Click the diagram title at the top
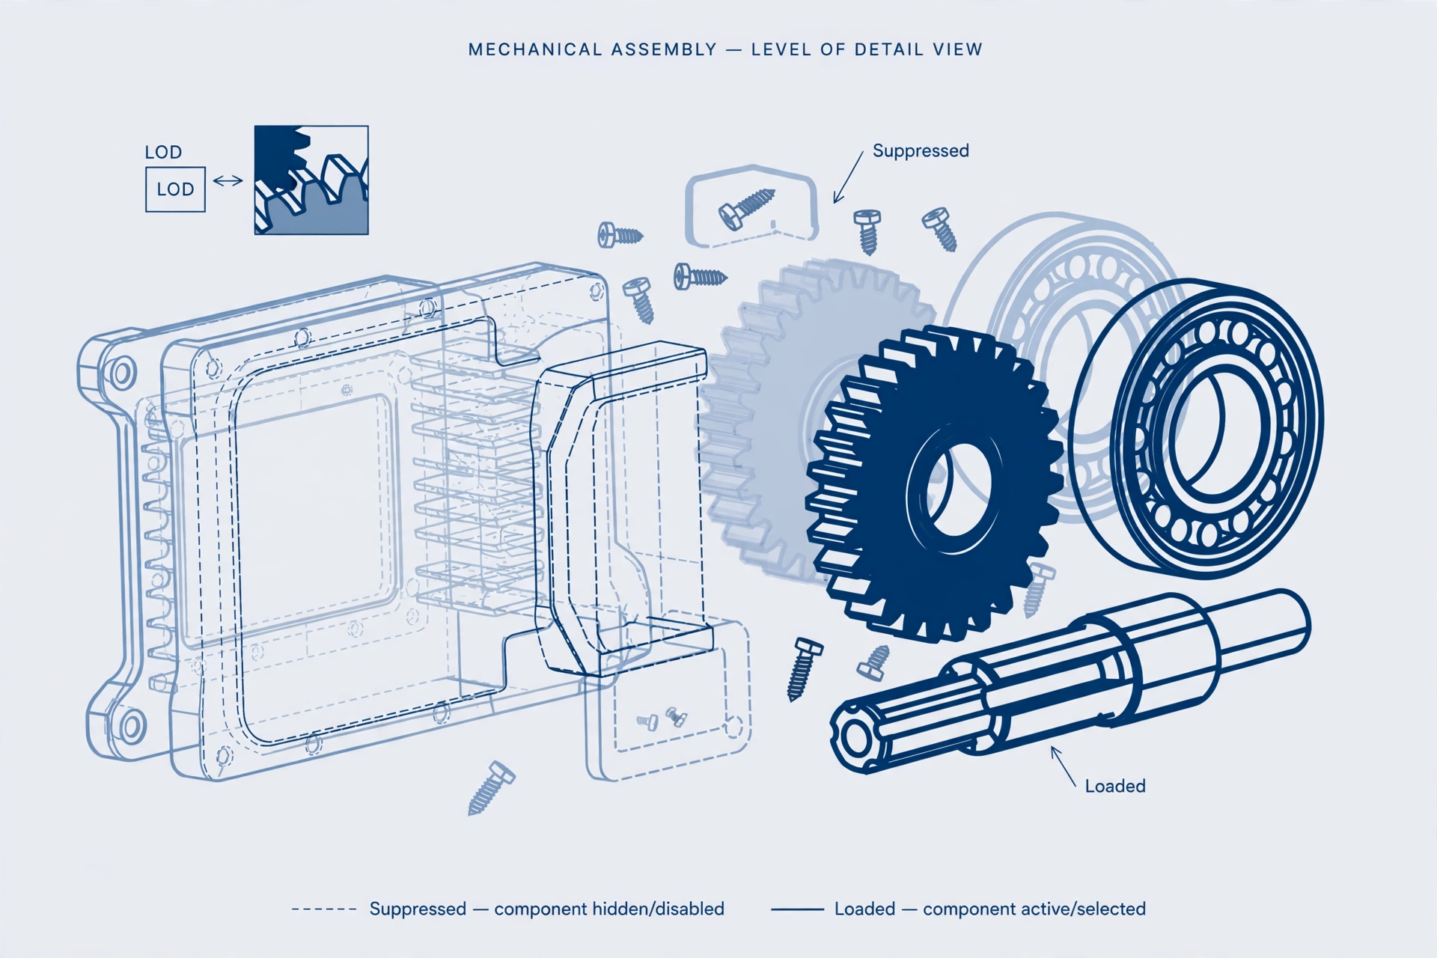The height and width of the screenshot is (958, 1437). (725, 49)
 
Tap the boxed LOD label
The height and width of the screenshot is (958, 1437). (175, 189)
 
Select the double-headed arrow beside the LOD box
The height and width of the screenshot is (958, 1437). (228, 180)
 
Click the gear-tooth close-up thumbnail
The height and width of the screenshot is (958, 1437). (311, 180)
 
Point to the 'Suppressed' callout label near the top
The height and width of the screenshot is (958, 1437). (921, 150)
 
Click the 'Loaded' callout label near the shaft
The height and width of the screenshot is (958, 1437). (1115, 786)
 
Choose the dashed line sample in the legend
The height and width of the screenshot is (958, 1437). (324, 909)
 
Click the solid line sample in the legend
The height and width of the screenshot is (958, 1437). (797, 909)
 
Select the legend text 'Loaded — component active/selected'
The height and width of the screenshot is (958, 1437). (990, 909)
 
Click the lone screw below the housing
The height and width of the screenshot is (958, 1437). (491, 787)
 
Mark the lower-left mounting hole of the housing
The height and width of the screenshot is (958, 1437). (132, 726)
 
